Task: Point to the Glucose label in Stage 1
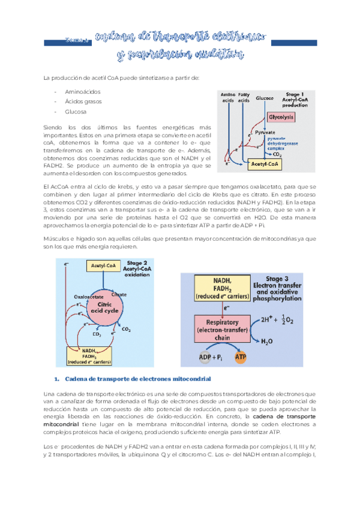[265, 98]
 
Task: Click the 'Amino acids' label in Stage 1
[228, 98]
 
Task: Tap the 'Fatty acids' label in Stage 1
[244, 98]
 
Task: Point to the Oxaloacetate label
[89, 297]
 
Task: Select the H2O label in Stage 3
[268, 342]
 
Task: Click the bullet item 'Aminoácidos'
[82, 91]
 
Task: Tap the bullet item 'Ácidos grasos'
[83, 101]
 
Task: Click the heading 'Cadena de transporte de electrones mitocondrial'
[133, 379]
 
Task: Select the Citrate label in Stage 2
[119, 295]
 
